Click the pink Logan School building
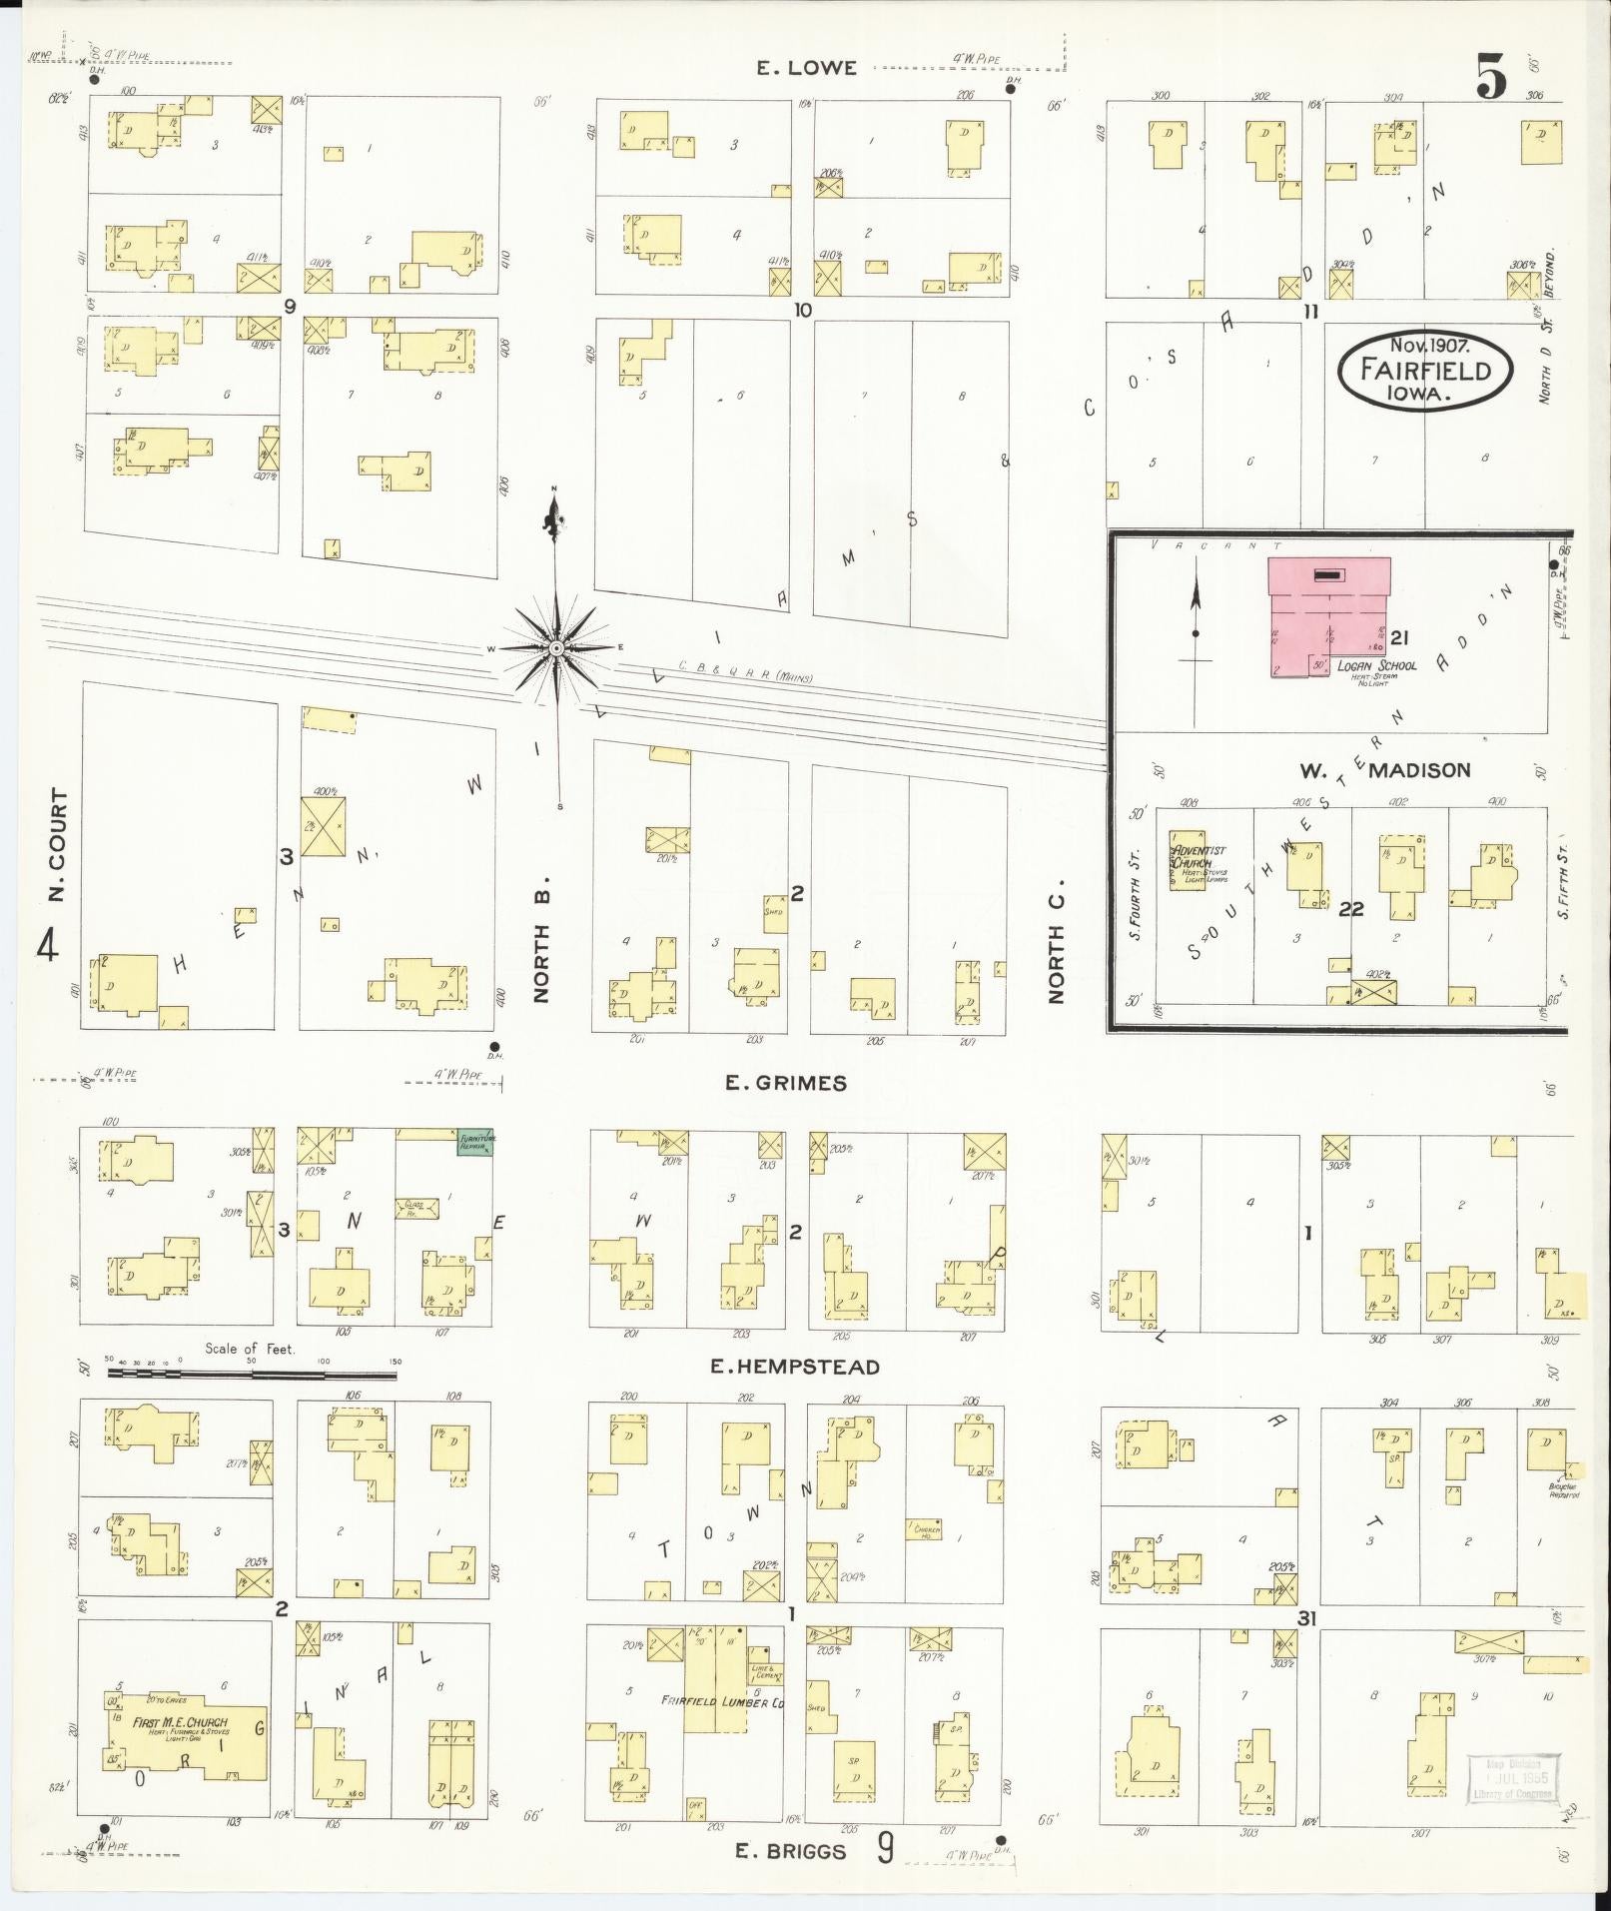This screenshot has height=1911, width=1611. pyautogui.click(x=1328, y=615)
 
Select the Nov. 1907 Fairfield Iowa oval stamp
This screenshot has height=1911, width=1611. pyautogui.click(x=1425, y=370)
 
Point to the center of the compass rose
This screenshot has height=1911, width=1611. pyautogui.click(x=557, y=649)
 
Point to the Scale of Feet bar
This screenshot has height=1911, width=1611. pyautogui.click(x=252, y=1375)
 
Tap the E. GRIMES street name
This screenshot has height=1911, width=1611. pyautogui.click(x=786, y=1083)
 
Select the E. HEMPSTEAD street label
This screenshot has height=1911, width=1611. pyautogui.click(x=795, y=1367)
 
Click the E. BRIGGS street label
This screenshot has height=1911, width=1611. pyautogui.click(x=791, y=1851)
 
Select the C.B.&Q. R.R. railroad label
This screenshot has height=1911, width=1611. pyautogui.click(x=744, y=672)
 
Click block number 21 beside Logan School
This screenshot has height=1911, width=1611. pyautogui.click(x=1398, y=637)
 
